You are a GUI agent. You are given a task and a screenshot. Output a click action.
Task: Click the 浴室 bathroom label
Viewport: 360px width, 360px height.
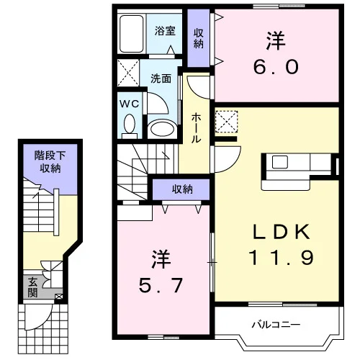tap(165, 31)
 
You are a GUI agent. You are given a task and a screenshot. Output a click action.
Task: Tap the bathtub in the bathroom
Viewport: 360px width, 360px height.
tap(132, 34)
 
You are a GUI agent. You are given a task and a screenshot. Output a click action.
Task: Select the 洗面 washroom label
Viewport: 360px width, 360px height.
tap(161, 78)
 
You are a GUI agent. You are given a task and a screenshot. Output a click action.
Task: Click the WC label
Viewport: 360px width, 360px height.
tap(130, 104)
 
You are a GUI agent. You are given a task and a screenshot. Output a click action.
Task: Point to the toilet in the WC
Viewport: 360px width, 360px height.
tap(130, 126)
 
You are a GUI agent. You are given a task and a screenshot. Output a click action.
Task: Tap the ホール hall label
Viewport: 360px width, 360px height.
tap(196, 128)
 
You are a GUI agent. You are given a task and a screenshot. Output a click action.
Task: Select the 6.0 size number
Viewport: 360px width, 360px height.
tap(276, 67)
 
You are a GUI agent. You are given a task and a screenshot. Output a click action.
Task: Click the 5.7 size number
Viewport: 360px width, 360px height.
tap(161, 285)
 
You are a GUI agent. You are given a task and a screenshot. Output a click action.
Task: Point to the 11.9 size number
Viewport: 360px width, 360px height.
tap(281, 257)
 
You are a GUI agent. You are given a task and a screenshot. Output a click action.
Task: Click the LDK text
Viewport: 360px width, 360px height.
tap(282, 233)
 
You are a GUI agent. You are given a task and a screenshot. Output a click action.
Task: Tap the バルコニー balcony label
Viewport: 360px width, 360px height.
tap(276, 325)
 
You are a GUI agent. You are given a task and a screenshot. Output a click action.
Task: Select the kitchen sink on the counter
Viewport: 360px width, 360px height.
tap(280, 162)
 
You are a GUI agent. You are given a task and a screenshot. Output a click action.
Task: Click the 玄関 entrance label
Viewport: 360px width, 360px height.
tap(32, 287)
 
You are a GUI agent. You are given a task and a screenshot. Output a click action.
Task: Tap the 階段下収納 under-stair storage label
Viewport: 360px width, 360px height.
tap(50, 161)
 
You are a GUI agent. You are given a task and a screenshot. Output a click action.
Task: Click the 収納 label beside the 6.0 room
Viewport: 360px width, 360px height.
tap(199, 39)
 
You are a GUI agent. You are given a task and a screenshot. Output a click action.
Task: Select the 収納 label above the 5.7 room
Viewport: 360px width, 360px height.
tap(182, 189)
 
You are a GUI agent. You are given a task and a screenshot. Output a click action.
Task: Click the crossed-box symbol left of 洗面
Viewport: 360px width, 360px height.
tap(128, 73)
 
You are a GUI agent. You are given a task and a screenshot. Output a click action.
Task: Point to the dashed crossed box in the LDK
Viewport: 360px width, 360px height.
tap(226, 121)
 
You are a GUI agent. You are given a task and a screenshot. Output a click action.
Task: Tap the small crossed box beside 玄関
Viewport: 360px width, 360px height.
tap(58, 297)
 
